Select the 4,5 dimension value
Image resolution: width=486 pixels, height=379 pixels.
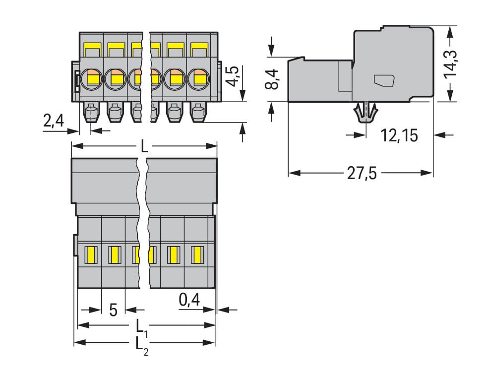point(234,75)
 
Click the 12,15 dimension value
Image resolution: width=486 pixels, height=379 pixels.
point(399,135)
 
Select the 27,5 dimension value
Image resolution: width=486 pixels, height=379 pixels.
point(362,174)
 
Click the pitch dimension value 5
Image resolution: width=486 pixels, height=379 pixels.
point(113,311)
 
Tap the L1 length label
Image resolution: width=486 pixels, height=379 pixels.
point(141,327)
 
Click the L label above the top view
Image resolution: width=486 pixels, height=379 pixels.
point(144,146)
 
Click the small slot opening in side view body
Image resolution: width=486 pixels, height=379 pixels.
point(384,80)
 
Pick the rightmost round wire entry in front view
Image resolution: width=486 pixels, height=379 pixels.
point(199,77)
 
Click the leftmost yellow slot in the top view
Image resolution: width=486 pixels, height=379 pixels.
point(90,255)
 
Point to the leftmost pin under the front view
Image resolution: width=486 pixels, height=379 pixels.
point(91,113)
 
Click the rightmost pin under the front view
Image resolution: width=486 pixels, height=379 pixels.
point(198,113)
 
